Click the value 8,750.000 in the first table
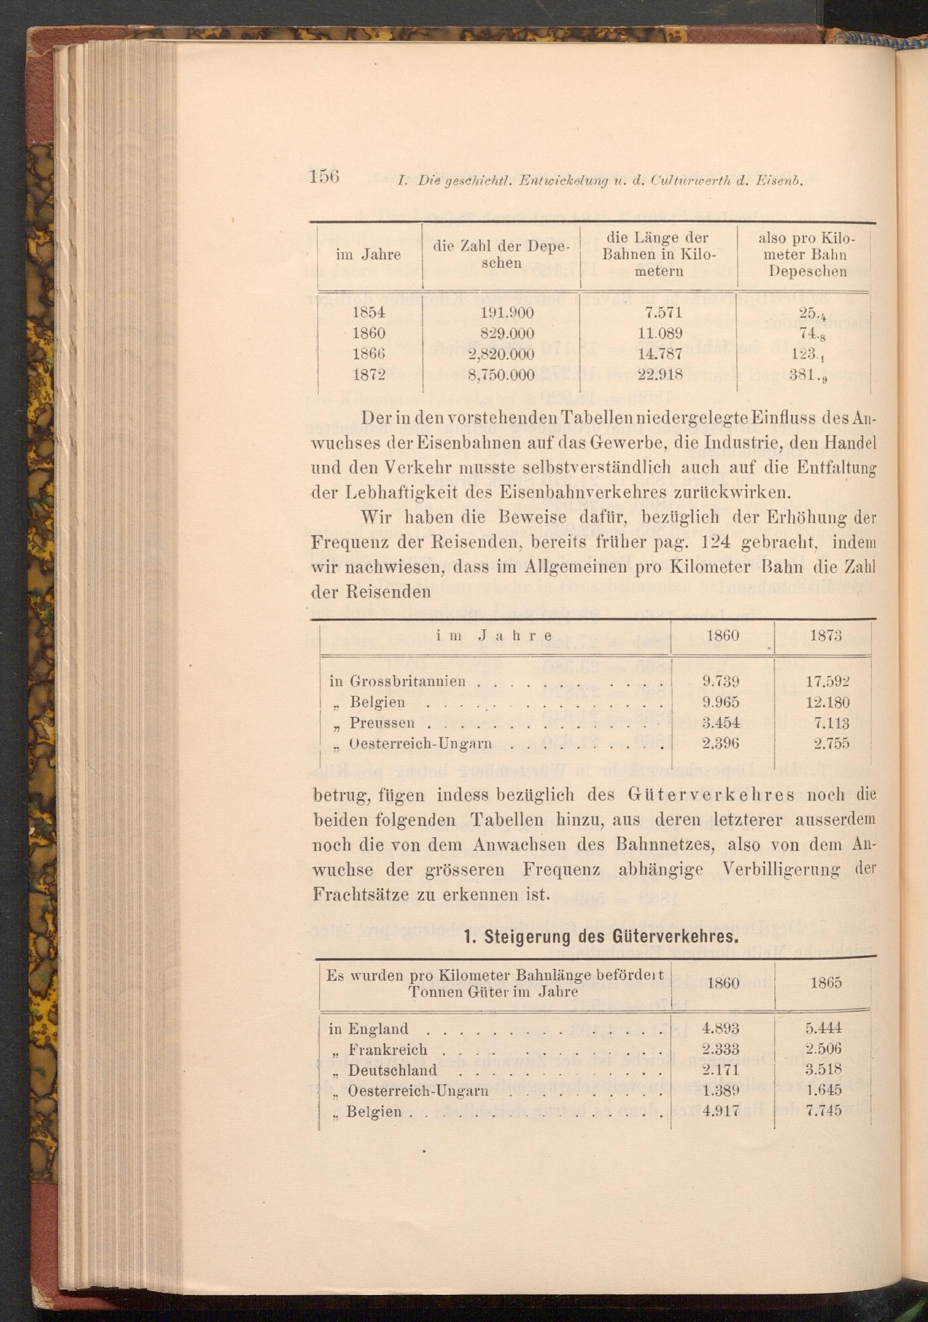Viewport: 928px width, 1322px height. [x=502, y=375]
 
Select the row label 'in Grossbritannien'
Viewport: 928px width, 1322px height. [x=397, y=682]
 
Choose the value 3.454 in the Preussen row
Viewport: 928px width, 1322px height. [x=720, y=723]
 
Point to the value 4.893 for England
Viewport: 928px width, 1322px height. [x=720, y=1029]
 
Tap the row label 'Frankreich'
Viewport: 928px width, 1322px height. [x=388, y=1049]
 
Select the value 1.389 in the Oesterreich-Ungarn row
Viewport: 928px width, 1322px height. [x=720, y=1091]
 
